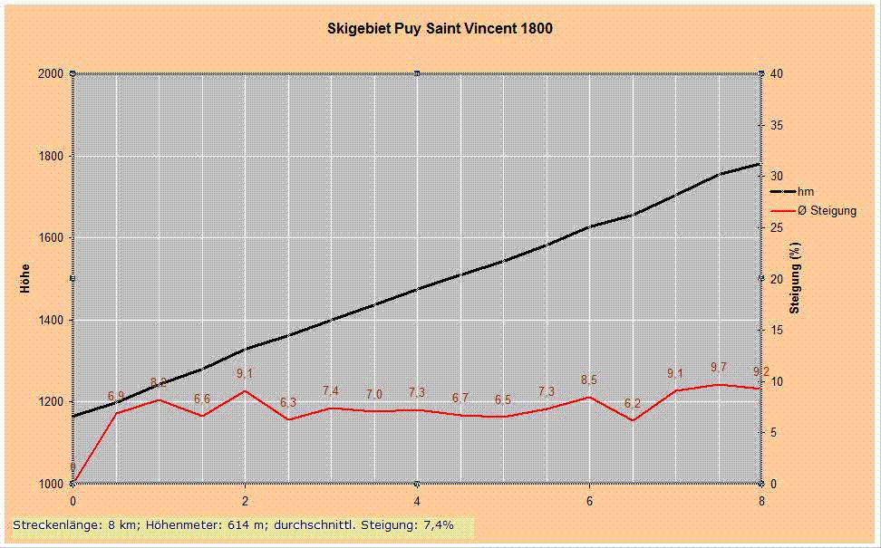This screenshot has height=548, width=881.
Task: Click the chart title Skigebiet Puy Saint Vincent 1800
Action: (x=440, y=28)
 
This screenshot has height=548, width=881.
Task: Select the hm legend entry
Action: (x=804, y=192)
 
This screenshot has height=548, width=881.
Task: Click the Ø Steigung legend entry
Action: (x=826, y=211)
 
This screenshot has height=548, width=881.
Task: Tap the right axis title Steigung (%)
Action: (x=794, y=278)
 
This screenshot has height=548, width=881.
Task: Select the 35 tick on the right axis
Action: (x=776, y=125)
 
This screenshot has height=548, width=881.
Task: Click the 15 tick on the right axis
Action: (x=776, y=330)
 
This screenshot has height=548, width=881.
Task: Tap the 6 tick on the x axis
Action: (x=589, y=500)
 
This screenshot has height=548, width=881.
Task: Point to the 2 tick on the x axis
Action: (x=245, y=500)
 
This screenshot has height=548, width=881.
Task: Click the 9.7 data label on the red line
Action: (x=718, y=367)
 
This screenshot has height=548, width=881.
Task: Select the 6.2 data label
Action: (x=633, y=403)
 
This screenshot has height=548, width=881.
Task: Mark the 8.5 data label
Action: (x=588, y=380)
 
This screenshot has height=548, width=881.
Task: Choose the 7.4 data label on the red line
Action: (x=331, y=390)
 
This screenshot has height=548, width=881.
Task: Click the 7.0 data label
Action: (x=374, y=394)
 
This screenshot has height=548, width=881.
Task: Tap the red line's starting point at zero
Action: (x=73, y=483)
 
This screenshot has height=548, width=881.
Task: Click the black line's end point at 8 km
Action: (x=760, y=164)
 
